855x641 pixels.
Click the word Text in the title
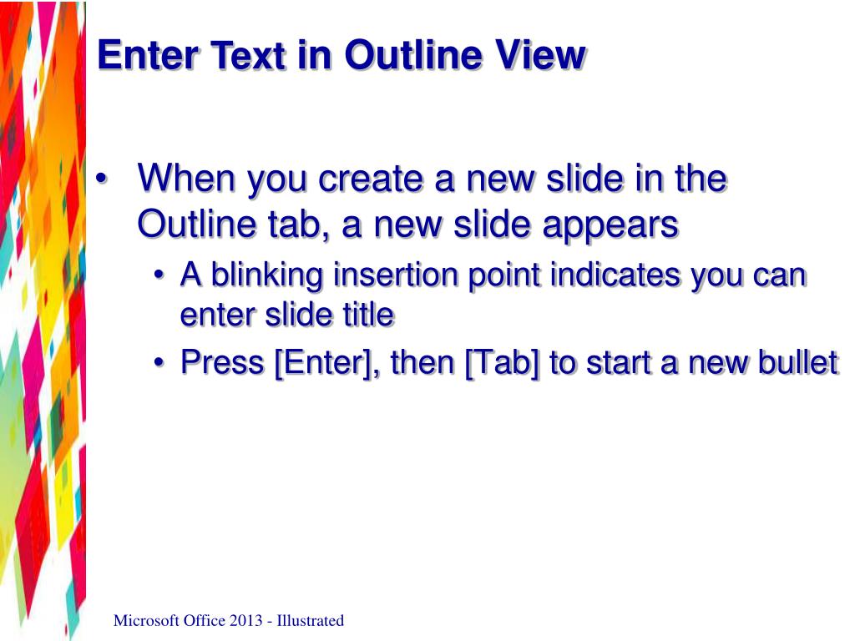coord(250,56)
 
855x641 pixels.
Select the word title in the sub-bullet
coord(370,315)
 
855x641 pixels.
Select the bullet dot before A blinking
coord(159,276)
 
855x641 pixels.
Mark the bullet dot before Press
coord(159,364)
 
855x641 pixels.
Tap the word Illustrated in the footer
coord(311,620)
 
